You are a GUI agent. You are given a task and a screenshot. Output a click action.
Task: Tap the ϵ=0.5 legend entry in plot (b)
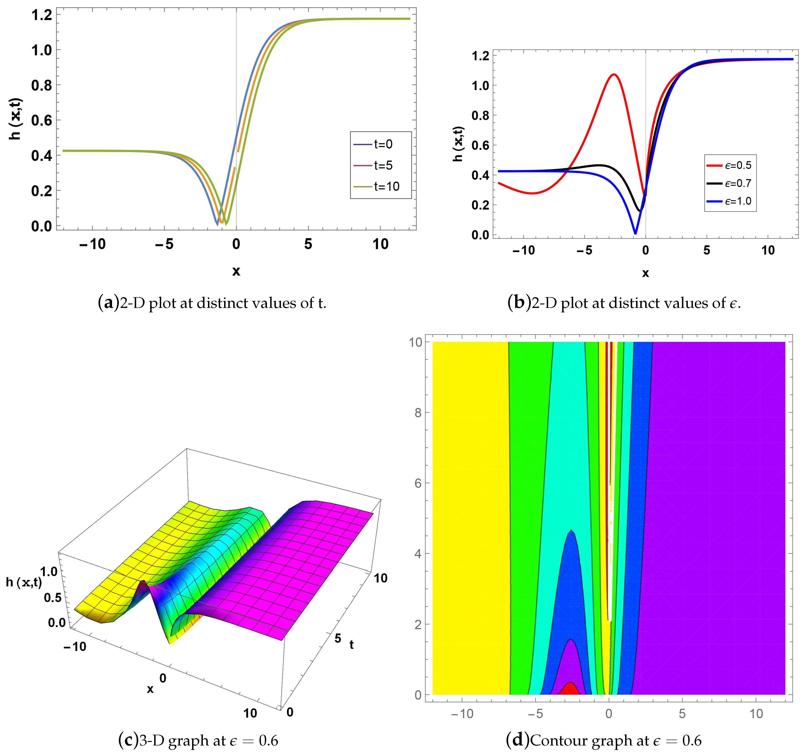(x=738, y=165)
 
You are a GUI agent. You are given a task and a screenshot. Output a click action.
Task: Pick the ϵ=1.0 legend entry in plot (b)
(x=738, y=201)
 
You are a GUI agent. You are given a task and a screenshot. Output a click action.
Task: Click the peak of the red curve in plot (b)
(x=614, y=74)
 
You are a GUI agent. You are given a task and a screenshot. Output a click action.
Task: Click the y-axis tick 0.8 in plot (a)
(x=41, y=85)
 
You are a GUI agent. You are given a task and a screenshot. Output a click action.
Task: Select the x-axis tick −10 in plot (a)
(x=92, y=244)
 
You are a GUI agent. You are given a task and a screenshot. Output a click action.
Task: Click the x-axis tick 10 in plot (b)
(x=768, y=251)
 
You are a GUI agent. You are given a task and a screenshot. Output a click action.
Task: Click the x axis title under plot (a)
(x=236, y=271)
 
